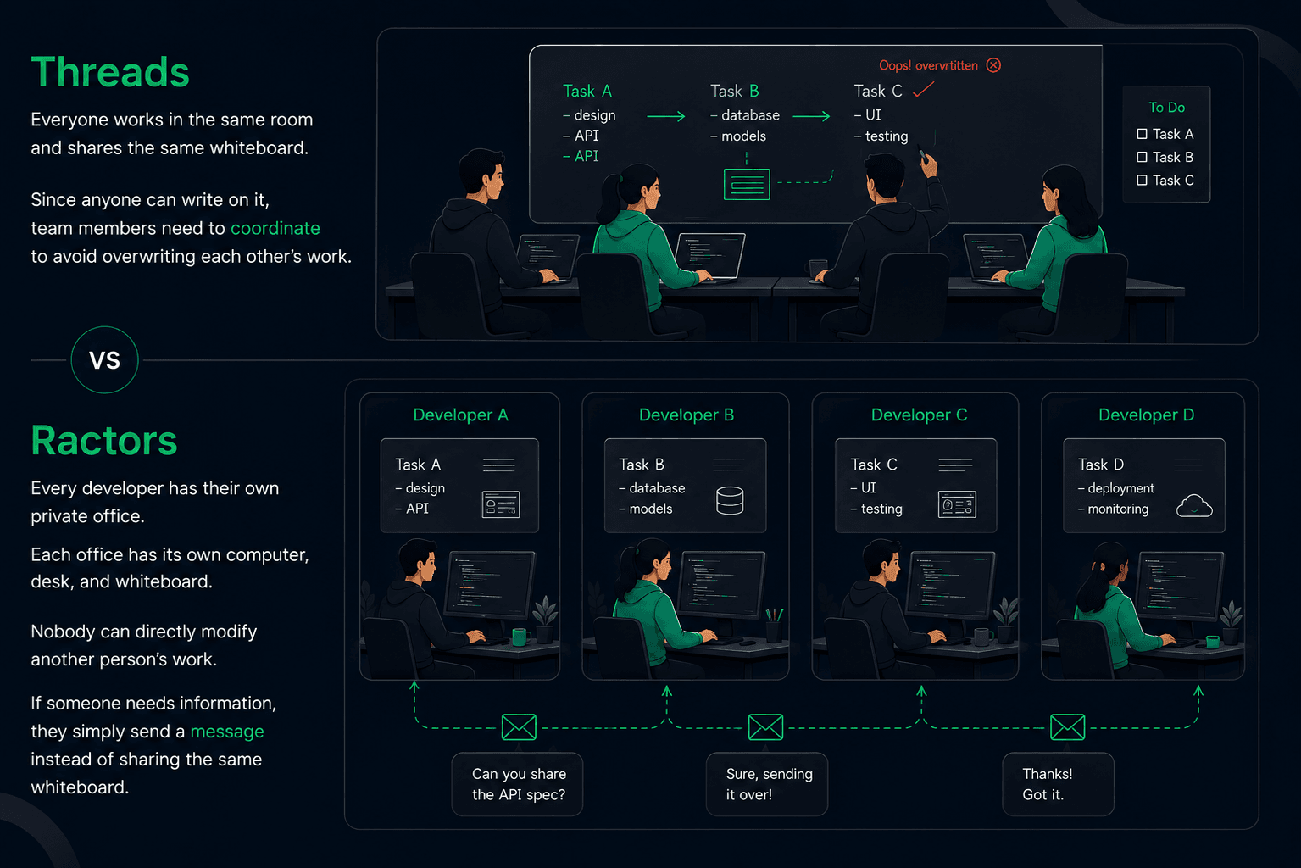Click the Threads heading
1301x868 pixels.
110,72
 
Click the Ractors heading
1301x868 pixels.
104,441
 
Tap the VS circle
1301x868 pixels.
104,360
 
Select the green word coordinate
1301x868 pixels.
275,228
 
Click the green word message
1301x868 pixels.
227,732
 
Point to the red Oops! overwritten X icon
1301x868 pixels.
993,65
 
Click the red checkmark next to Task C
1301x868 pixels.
923,90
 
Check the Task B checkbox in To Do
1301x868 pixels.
1142,157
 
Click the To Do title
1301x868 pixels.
1167,108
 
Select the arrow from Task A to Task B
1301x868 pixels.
666,117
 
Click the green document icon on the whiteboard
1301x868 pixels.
747,184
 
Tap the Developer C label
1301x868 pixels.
919,415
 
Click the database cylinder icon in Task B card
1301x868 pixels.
730,500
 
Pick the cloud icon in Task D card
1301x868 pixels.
1194,506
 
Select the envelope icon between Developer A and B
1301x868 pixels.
519,727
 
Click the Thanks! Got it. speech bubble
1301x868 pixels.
1059,784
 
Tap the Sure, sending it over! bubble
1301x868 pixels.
767,784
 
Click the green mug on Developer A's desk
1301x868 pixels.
520,637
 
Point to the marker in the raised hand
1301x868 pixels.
922,155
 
